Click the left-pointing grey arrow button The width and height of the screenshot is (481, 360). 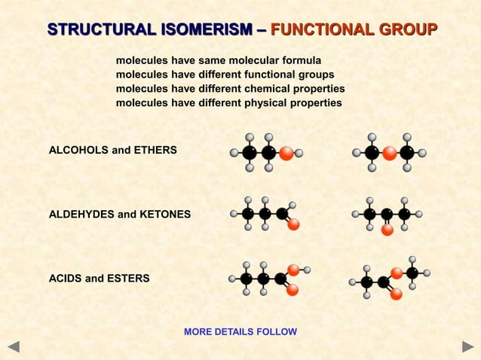pyautogui.click(x=13, y=347)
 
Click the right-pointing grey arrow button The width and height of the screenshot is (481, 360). pyautogui.click(x=467, y=347)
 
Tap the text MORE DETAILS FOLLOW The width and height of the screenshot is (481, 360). pyautogui.click(x=240, y=332)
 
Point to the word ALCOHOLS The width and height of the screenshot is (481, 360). pyautogui.click(x=78, y=151)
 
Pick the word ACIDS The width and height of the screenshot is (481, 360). pyautogui.click(x=65, y=279)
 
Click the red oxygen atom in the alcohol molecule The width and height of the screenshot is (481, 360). pyautogui.click(x=286, y=153)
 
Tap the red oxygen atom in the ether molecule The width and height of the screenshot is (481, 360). pyautogui.click(x=389, y=153)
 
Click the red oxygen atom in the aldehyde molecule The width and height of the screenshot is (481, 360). pyautogui.click(x=293, y=224)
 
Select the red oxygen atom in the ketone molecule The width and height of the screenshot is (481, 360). pyautogui.click(x=387, y=230)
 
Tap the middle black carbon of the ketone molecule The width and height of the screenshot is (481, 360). pyautogui.click(x=387, y=214)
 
